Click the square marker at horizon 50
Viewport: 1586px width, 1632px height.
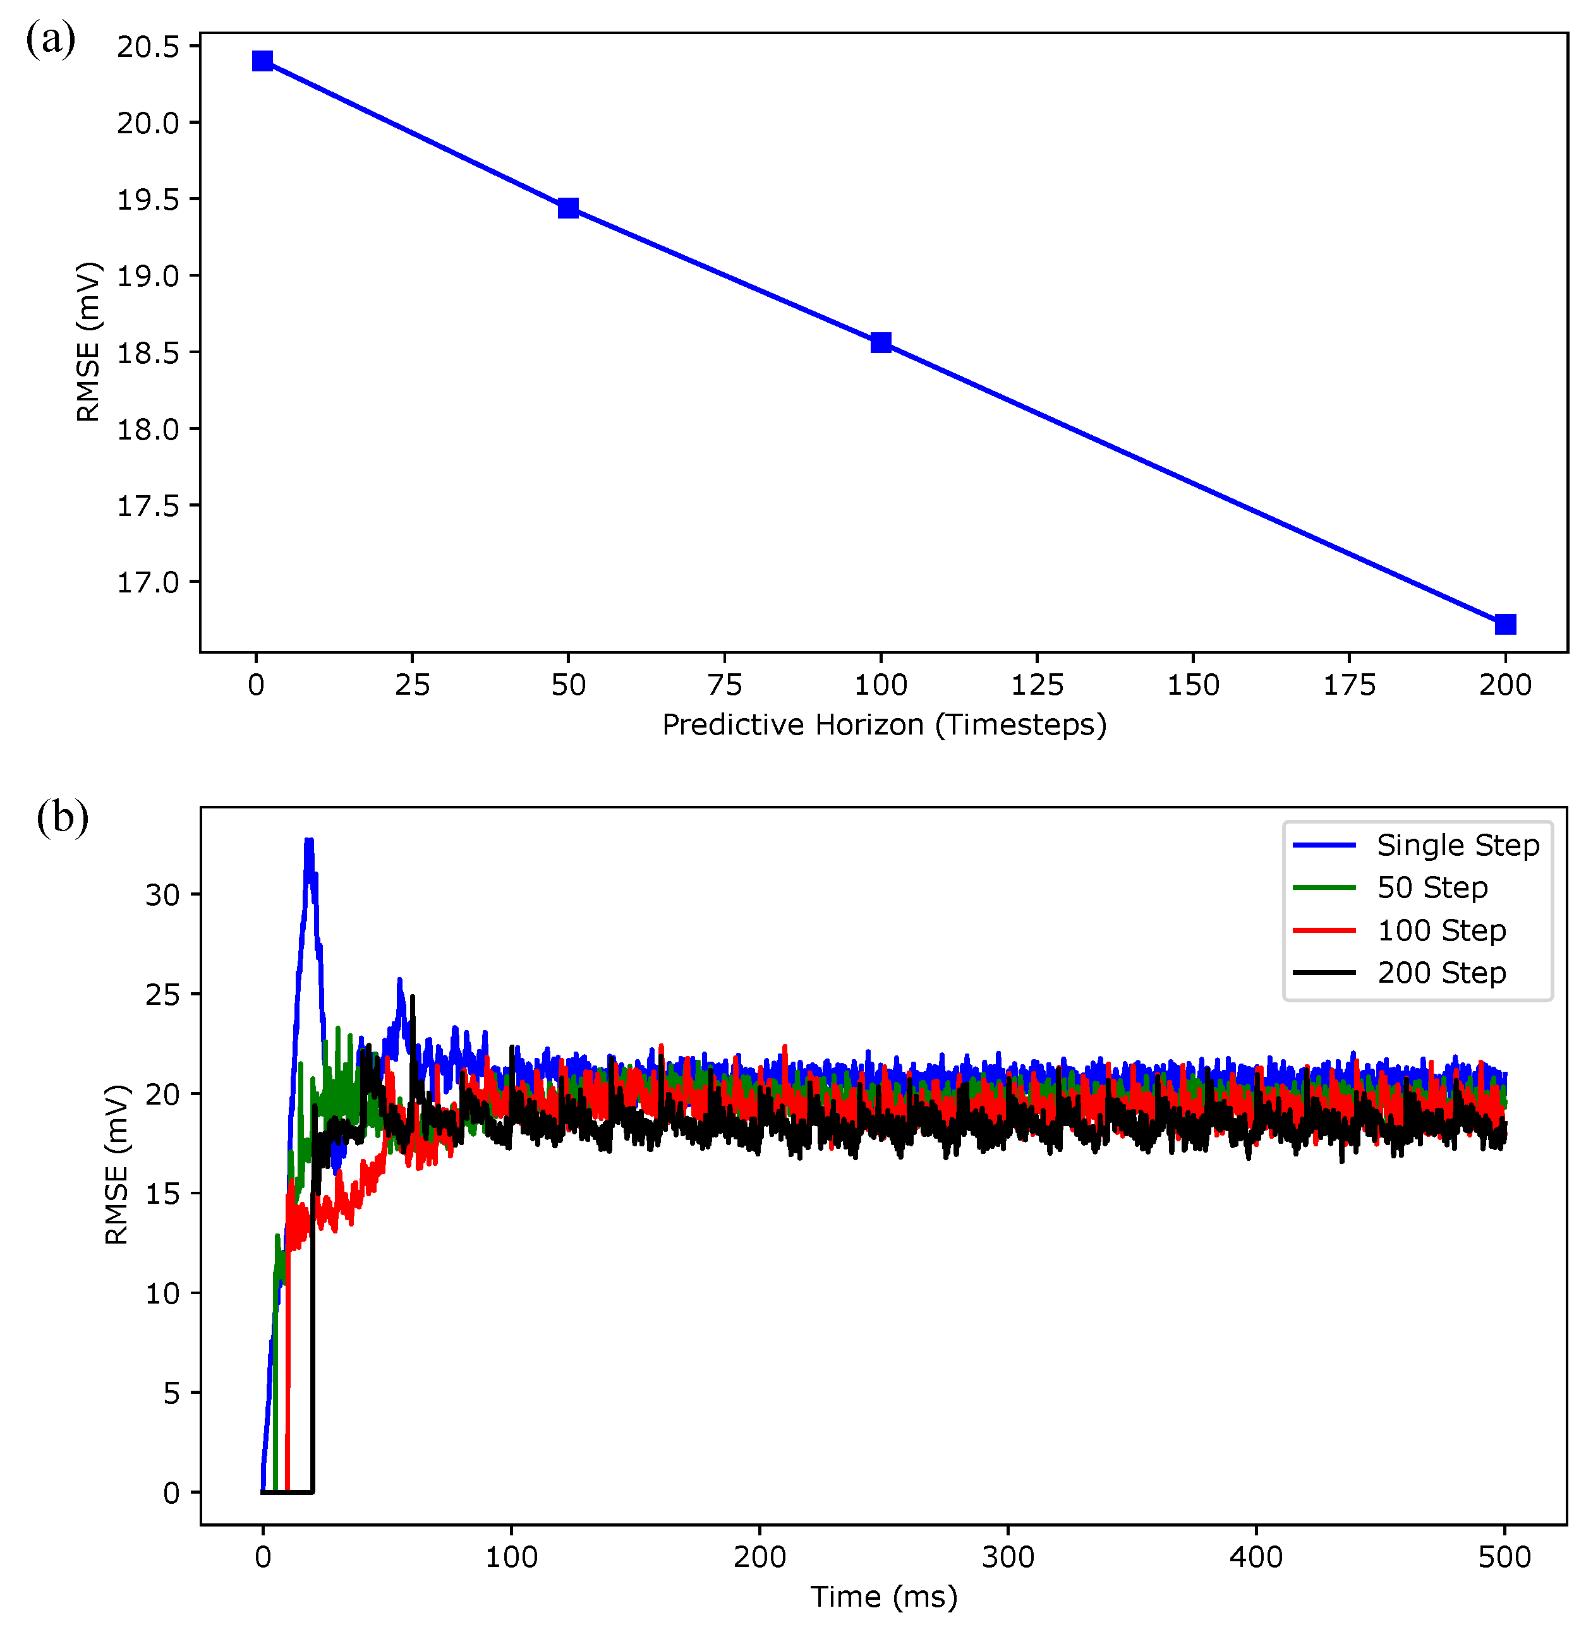click(x=568, y=208)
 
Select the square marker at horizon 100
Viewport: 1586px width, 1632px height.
click(x=880, y=342)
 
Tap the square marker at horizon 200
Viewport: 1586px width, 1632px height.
click(x=1504, y=625)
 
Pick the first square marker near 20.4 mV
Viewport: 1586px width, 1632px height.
click(x=262, y=61)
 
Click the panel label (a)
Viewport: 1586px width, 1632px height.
click(x=51, y=39)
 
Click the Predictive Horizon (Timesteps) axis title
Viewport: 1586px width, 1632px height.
click(x=884, y=725)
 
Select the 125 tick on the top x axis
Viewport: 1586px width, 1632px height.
click(x=1036, y=685)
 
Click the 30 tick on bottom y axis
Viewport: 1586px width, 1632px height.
click(x=162, y=895)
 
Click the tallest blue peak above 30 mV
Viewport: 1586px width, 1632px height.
click(x=309, y=843)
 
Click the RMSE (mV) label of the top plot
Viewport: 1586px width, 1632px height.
click(x=87, y=342)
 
